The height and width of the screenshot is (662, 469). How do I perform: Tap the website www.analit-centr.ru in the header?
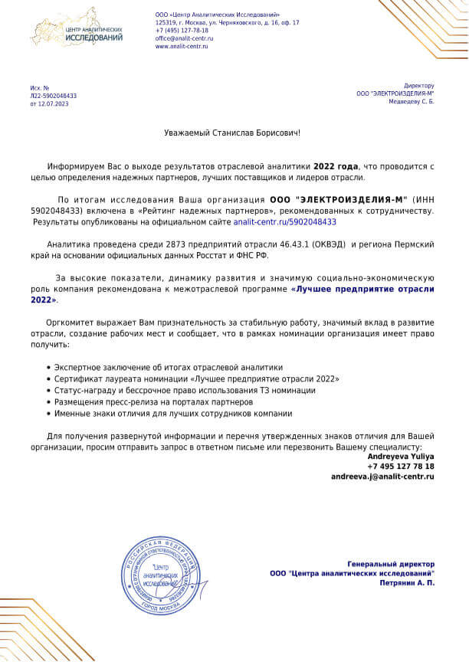click(x=182, y=46)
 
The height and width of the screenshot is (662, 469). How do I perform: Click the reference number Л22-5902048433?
click(x=54, y=96)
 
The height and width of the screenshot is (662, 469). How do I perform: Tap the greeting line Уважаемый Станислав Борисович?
click(x=233, y=133)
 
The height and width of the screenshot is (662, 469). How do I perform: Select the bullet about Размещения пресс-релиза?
click(x=153, y=401)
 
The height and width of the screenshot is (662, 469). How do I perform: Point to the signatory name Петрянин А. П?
click(x=407, y=583)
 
